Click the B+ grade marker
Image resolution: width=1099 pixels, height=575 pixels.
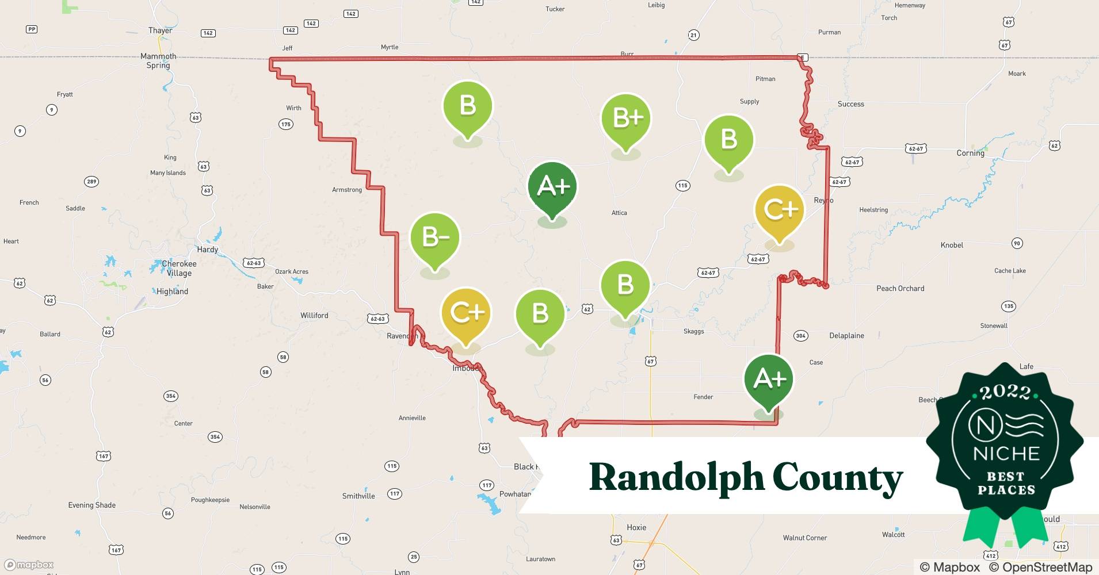(x=625, y=119)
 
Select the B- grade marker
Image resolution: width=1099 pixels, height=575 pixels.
(x=435, y=238)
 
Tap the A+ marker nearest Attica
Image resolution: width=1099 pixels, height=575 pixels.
(x=552, y=187)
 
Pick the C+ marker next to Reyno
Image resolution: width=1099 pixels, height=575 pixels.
(x=779, y=210)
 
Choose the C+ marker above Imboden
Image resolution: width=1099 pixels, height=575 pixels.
(x=466, y=313)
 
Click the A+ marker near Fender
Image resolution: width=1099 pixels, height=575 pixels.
(x=769, y=379)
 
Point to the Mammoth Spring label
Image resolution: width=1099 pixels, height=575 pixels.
(x=158, y=60)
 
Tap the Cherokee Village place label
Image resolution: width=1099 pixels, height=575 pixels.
(x=179, y=269)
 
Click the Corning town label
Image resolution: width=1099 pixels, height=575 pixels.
(x=970, y=153)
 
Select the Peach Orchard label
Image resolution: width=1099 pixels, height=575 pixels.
(x=900, y=289)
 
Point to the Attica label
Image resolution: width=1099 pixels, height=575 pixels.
(x=619, y=213)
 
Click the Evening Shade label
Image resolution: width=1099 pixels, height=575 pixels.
(x=92, y=505)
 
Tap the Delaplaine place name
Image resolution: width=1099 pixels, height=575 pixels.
(x=846, y=336)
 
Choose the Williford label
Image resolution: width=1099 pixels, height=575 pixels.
(x=314, y=316)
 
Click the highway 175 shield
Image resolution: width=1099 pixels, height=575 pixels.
(x=286, y=124)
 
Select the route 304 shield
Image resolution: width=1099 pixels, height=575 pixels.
(x=800, y=336)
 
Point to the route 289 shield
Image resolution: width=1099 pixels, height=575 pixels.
(x=91, y=182)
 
